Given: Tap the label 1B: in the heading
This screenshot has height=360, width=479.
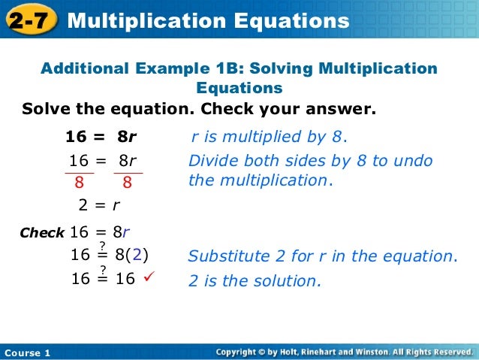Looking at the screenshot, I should (x=226, y=69).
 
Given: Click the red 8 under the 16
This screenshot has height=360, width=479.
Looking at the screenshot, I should (x=78, y=182).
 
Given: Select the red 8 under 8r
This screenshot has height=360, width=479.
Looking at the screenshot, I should (x=128, y=182).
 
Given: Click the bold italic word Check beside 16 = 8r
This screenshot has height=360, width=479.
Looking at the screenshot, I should (x=42, y=233).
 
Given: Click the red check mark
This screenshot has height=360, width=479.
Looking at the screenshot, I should (x=147, y=279).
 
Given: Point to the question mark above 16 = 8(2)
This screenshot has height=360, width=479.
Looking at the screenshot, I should (x=103, y=245).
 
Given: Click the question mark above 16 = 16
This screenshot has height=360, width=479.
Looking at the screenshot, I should (x=103, y=269).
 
